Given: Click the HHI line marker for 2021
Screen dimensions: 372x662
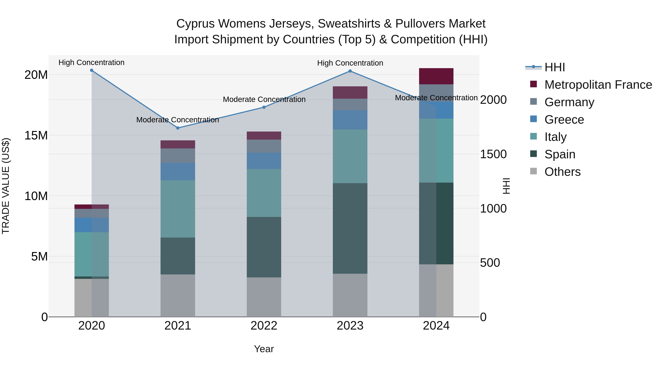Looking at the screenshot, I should click(178, 128).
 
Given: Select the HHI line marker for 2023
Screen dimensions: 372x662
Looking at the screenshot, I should click(350, 71).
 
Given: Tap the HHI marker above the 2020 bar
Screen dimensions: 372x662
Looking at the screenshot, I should click(92, 70).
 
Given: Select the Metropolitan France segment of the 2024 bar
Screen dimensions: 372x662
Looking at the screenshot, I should click(436, 76).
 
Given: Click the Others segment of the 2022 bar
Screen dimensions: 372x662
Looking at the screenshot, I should click(264, 297).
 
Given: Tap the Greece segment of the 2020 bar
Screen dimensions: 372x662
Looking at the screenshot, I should click(92, 225).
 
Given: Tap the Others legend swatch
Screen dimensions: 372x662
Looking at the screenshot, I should click(533, 171).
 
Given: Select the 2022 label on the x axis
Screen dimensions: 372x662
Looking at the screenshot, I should click(264, 326).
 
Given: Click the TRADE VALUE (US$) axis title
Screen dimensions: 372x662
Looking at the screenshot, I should click(6, 186).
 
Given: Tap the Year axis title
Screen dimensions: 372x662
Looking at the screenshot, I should click(264, 349).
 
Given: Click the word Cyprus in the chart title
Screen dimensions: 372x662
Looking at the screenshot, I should click(196, 24).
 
